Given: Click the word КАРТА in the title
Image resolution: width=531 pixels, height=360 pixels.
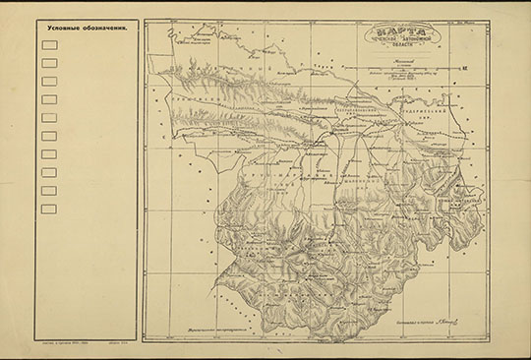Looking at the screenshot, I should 402,32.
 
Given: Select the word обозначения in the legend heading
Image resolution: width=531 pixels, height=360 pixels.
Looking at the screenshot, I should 107,26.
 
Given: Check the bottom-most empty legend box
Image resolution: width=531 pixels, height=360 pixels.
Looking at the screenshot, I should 49,209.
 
